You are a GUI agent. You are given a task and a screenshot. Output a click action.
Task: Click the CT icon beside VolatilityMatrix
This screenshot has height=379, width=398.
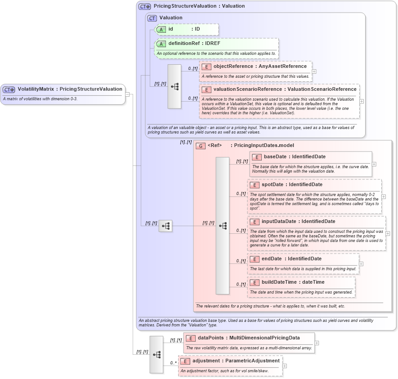pyautogui.click(x=9, y=89)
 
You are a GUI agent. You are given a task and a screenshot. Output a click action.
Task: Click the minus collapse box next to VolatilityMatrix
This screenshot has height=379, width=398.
pyautogui.click(x=127, y=94)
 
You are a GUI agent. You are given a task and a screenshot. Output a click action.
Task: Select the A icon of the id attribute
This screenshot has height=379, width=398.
pyautogui.click(x=161, y=29)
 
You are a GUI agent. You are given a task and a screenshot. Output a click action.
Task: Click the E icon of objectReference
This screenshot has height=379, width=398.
pyautogui.click(x=206, y=67)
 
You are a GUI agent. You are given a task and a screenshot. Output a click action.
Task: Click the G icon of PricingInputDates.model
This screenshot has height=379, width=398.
pyautogui.click(x=200, y=146)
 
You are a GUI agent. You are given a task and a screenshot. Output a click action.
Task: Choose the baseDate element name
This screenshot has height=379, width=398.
pyautogui.click(x=275, y=157)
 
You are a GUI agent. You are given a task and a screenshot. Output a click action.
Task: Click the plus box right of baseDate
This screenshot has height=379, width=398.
pyautogui.click(x=374, y=164)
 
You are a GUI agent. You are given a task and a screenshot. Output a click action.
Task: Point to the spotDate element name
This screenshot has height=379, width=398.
pyautogui.click(x=273, y=184)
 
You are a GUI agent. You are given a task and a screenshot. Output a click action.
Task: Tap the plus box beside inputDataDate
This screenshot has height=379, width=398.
pyautogui.click(x=388, y=234)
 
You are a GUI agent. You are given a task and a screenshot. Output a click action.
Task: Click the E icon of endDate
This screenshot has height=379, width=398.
pyautogui.click(x=255, y=259)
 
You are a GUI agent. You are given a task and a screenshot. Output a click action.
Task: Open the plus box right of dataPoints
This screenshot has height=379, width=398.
pyautogui.click(x=317, y=343)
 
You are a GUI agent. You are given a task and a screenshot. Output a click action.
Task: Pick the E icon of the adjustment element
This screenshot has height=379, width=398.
pyautogui.click(x=185, y=361)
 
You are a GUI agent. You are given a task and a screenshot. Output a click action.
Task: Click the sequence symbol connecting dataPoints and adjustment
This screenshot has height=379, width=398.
pyautogui.click(x=157, y=354)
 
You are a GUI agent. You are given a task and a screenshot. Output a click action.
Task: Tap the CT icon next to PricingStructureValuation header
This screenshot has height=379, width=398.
pyautogui.click(x=144, y=6)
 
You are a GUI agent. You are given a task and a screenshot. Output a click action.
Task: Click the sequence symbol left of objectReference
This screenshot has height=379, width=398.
pyautogui.click(x=174, y=86)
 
